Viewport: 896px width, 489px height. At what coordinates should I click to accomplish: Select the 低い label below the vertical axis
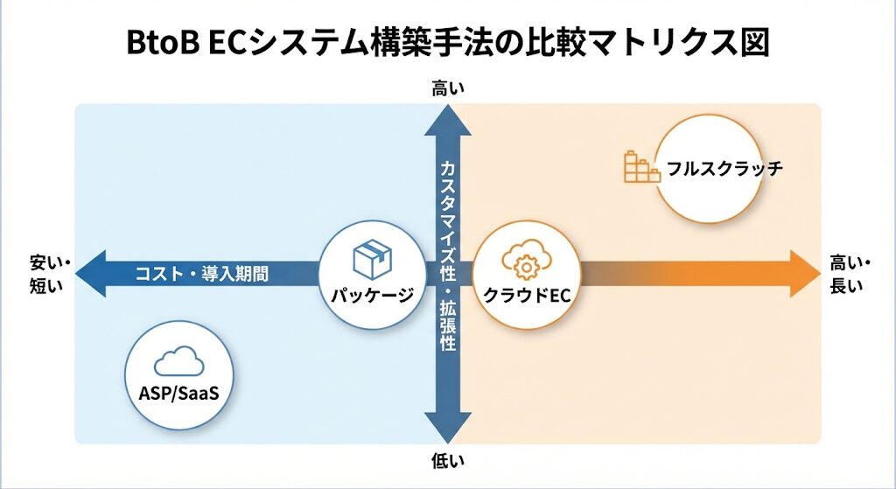pyautogui.click(x=448, y=460)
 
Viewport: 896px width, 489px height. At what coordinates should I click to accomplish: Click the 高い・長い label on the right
pyautogui.click(x=846, y=273)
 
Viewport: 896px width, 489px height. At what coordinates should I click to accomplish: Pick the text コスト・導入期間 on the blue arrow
pyautogui.click(x=201, y=274)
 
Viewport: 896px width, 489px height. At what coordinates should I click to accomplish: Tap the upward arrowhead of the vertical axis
pyautogui.click(x=448, y=119)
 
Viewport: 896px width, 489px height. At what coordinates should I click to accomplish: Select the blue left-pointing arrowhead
pyautogui.click(x=91, y=273)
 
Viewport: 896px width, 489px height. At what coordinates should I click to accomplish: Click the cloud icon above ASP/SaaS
pyautogui.click(x=178, y=361)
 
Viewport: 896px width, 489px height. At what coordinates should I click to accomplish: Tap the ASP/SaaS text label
pyautogui.click(x=178, y=393)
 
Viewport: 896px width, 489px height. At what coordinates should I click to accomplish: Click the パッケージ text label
pyautogui.click(x=372, y=295)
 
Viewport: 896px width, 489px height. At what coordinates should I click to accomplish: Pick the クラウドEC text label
pyautogui.click(x=527, y=295)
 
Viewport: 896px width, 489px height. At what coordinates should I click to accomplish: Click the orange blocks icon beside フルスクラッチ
pyautogui.click(x=641, y=166)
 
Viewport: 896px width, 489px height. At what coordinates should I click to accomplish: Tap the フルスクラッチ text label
pyautogui.click(x=723, y=168)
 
